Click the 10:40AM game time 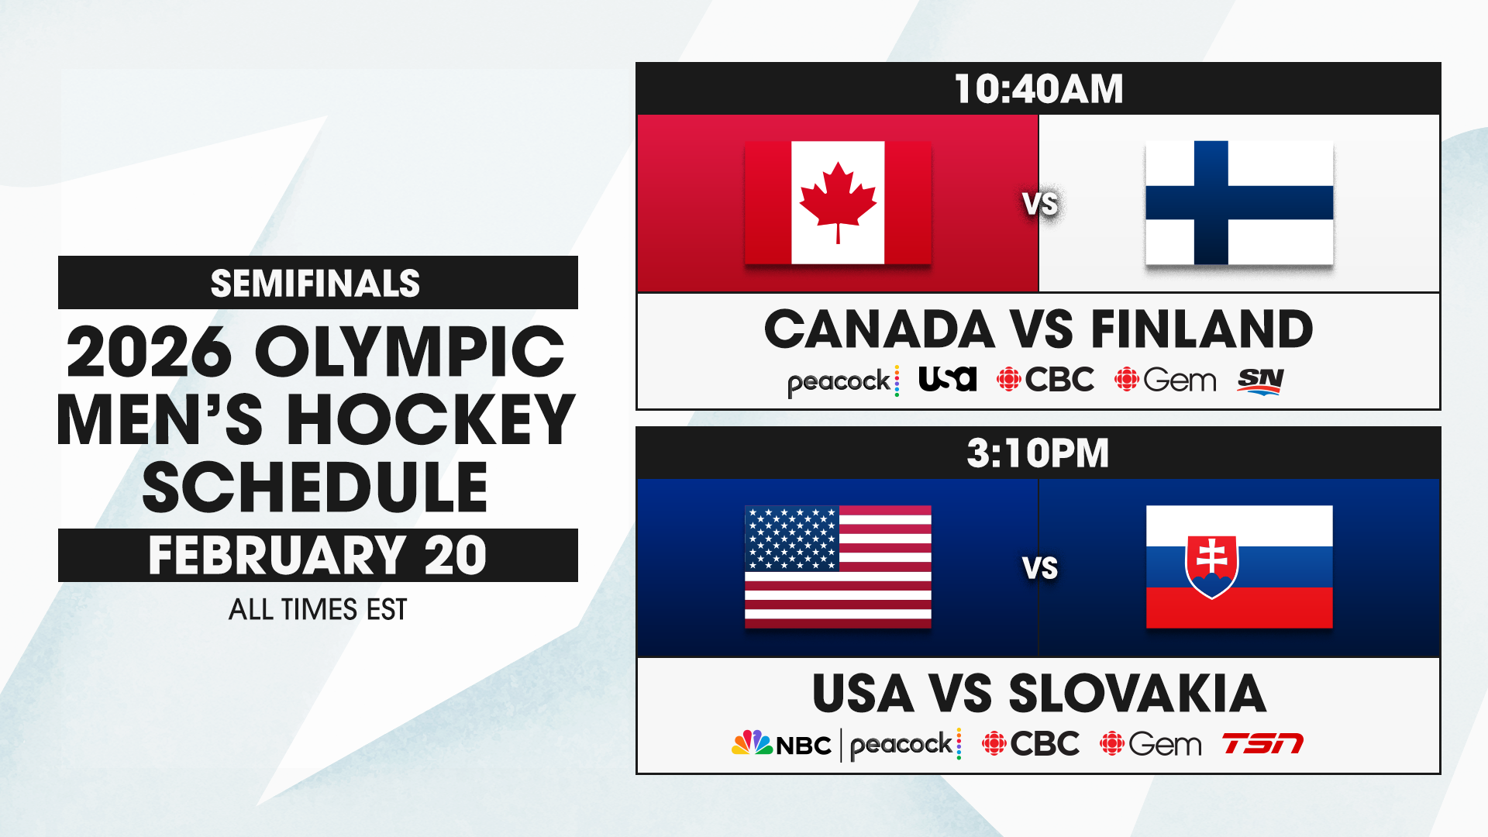coord(1038,89)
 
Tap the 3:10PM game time coord(1038,453)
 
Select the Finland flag coord(1239,202)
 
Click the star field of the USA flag coord(792,538)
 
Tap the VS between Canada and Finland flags coord(1040,204)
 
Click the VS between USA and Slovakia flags coord(1040,568)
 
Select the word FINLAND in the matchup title coord(1203,329)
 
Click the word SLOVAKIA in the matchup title coord(1138,694)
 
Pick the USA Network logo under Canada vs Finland coord(947,379)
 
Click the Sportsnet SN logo coord(1261,381)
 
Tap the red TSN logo coord(1263,744)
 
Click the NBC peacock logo coord(781,744)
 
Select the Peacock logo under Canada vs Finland coord(843,381)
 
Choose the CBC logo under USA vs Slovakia coord(1031,744)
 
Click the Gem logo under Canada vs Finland coord(1166,380)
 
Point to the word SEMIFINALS coord(315,284)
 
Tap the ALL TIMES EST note coord(318,610)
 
